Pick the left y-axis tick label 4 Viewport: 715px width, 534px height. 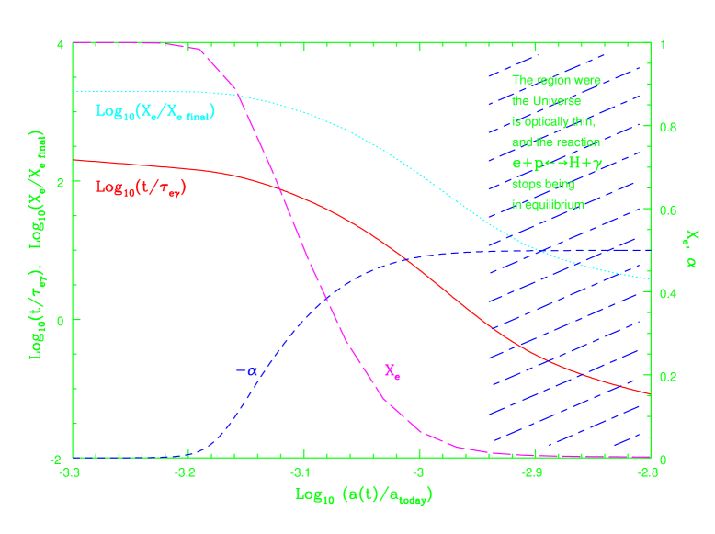pos(60,44)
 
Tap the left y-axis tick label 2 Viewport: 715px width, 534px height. pos(60,182)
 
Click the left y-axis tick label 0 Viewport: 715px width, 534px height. pos(60,320)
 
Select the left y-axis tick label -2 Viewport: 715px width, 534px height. pos(57,458)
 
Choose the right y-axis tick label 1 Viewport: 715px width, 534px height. pos(660,44)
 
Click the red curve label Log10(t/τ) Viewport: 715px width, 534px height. pos(154,187)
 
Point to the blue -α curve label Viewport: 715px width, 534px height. pos(246,371)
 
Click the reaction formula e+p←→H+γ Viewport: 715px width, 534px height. pos(556,163)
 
